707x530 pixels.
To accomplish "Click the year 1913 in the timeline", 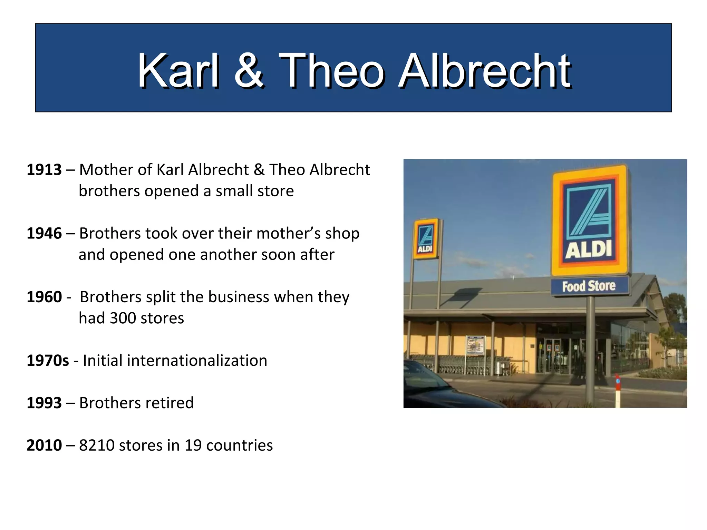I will click(44, 170).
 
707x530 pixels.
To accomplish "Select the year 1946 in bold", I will click(44, 234).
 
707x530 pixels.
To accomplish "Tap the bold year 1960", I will click(44, 297).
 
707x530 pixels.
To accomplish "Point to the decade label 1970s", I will click(48, 361).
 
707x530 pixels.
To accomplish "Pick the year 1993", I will click(44, 403).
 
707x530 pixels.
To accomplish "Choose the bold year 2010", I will click(44, 445).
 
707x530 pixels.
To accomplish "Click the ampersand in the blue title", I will click(249, 71).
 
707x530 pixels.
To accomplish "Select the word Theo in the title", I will click(331, 71).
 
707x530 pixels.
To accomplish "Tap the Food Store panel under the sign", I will click(589, 286).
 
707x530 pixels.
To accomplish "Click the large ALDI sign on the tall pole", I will click(589, 221).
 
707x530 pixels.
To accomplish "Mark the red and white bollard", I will click(618, 392).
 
